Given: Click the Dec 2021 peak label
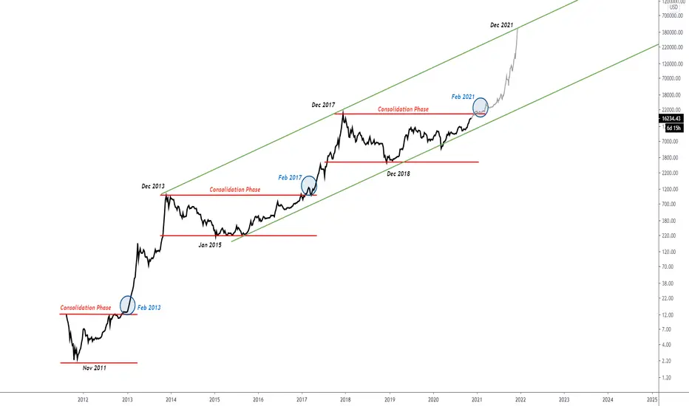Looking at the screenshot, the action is click(x=501, y=25).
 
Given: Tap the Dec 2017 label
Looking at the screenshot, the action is click(x=323, y=105).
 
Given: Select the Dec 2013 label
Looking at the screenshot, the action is click(x=153, y=186).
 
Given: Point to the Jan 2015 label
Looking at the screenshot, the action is click(x=210, y=245).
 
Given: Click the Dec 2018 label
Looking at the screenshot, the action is click(x=398, y=173).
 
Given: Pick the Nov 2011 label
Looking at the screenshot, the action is click(x=95, y=368).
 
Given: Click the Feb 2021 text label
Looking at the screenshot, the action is click(x=463, y=97).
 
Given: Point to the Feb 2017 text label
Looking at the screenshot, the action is click(x=290, y=178).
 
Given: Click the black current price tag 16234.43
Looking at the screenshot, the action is click(x=671, y=119).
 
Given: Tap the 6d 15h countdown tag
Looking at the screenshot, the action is click(x=673, y=128).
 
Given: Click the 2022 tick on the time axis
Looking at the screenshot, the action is click(x=520, y=399).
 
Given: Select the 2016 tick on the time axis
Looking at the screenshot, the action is click(x=259, y=399).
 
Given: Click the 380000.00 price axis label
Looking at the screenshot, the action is click(x=673, y=32).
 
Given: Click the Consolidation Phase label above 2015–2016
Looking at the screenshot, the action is click(x=234, y=190).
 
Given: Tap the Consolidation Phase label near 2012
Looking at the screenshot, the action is click(x=86, y=308).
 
